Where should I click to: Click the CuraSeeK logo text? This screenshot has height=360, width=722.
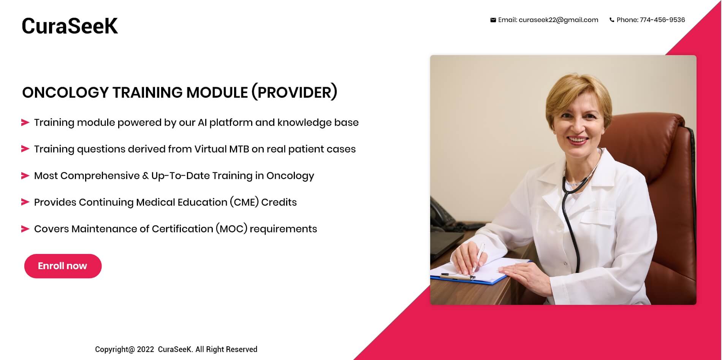click(x=70, y=26)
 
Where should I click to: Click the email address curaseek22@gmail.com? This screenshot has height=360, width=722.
click(x=558, y=20)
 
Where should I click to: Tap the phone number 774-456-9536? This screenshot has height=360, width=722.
click(x=662, y=20)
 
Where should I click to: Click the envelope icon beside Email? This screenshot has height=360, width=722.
click(x=493, y=20)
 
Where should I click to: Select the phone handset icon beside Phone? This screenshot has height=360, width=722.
click(x=612, y=20)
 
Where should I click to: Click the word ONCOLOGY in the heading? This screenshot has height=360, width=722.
click(x=65, y=92)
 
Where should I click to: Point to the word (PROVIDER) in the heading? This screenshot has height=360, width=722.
click(x=294, y=92)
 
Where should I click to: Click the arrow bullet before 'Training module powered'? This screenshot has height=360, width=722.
click(x=25, y=122)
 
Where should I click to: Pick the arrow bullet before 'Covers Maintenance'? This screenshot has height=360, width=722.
click(x=25, y=229)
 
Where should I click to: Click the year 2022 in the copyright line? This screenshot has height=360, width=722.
click(x=146, y=349)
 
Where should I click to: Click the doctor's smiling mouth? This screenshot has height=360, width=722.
click(x=578, y=141)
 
